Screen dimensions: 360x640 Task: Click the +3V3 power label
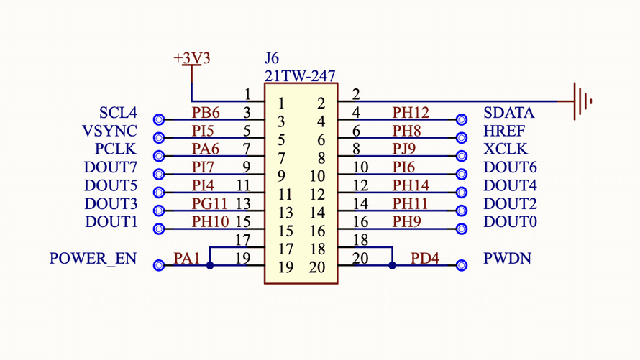point(192,58)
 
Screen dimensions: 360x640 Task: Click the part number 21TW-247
point(300,75)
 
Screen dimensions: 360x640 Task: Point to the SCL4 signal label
point(118,113)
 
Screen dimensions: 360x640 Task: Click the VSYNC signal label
point(109,131)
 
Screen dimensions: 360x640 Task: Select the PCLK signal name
point(116,149)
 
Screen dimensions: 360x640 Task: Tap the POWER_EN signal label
point(93,259)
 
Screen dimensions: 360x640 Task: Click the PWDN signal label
point(508,258)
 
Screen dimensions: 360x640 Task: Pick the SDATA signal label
point(509,113)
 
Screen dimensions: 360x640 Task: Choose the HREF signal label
point(504,131)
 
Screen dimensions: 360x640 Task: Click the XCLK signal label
point(506,149)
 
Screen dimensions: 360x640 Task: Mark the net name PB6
point(206,113)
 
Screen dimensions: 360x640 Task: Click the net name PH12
point(411,113)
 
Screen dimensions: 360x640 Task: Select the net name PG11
point(210,204)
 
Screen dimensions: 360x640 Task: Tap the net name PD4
point(424,258)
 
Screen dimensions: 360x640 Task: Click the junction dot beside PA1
point(210,265)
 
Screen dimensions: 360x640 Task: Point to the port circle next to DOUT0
point(462,229)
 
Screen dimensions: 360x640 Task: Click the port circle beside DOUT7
point(159,175)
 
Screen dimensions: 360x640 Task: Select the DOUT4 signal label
point(510,185)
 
